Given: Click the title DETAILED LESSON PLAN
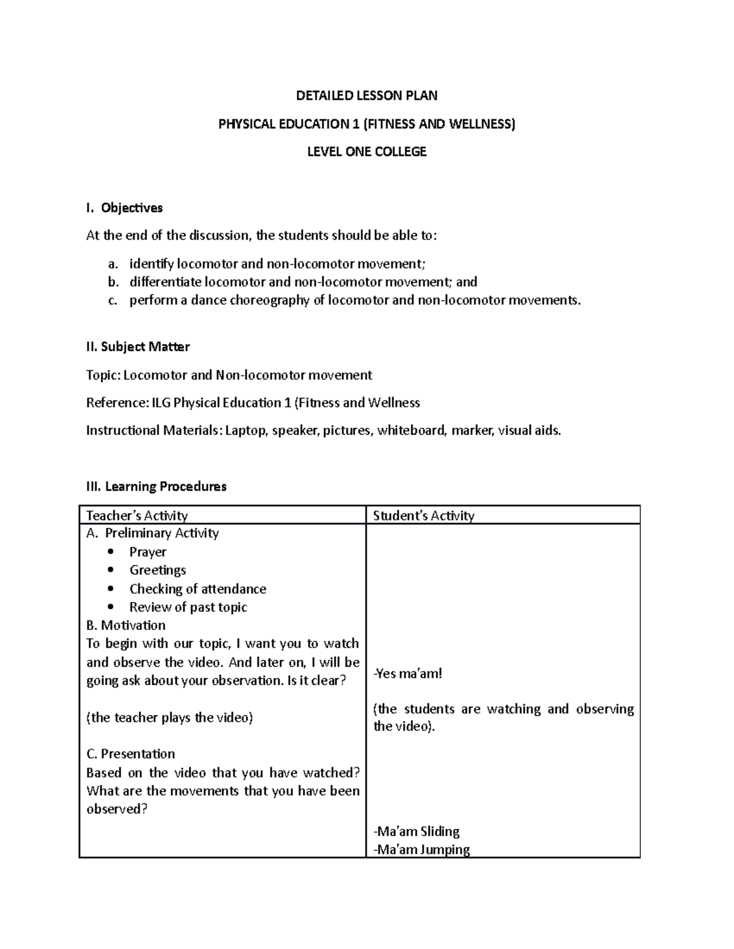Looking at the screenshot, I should click(366, 95).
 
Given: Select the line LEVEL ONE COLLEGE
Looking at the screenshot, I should click(366, 152).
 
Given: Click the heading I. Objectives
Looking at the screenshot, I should click(125, 208).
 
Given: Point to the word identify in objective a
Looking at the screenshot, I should click(151, 264).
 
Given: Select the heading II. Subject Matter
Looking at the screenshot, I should click(138, 346).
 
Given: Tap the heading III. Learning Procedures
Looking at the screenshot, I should click(157, 486).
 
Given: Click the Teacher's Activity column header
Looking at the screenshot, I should click(137, 516).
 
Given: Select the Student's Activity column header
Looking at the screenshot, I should click(423, 516).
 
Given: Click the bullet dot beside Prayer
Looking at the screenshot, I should click(110, 552).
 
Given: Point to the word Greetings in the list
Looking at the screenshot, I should click(158, 570).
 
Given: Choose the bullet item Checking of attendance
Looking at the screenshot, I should click(198, 589).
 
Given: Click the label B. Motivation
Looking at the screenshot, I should click(126, 625).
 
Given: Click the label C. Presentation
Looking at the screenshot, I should click(131, 753).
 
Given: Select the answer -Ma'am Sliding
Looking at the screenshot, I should click(417, 831).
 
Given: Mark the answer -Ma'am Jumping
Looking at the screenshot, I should click(421, 849).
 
